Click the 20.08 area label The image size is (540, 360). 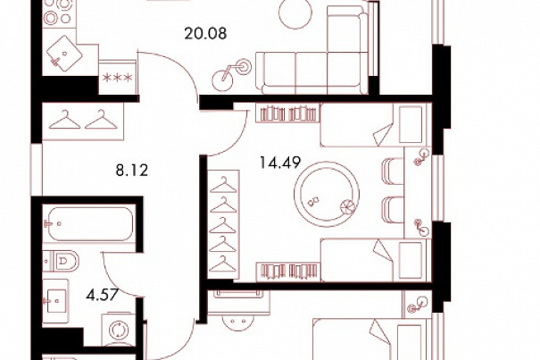tap(205, 34)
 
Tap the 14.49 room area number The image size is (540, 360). tap(280, 163)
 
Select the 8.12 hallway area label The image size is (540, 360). tap(132, 171)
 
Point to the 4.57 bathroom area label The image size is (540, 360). tap(103, 295)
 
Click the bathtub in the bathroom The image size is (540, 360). tap(90, 223)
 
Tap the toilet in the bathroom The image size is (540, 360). tap(61, 261)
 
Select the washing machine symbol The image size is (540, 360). tap(119, 330)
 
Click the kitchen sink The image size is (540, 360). tap(64, 53)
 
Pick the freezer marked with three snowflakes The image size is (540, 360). tap(118, 78)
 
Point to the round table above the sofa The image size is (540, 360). tap(295, 13)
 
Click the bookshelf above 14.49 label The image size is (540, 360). tap(288, 114)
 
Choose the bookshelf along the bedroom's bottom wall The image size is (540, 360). tap(288, 271)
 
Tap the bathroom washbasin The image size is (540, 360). tap(55, 301)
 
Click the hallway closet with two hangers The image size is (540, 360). tap(83, 121)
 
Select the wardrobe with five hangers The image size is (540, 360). tap(223, 224)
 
